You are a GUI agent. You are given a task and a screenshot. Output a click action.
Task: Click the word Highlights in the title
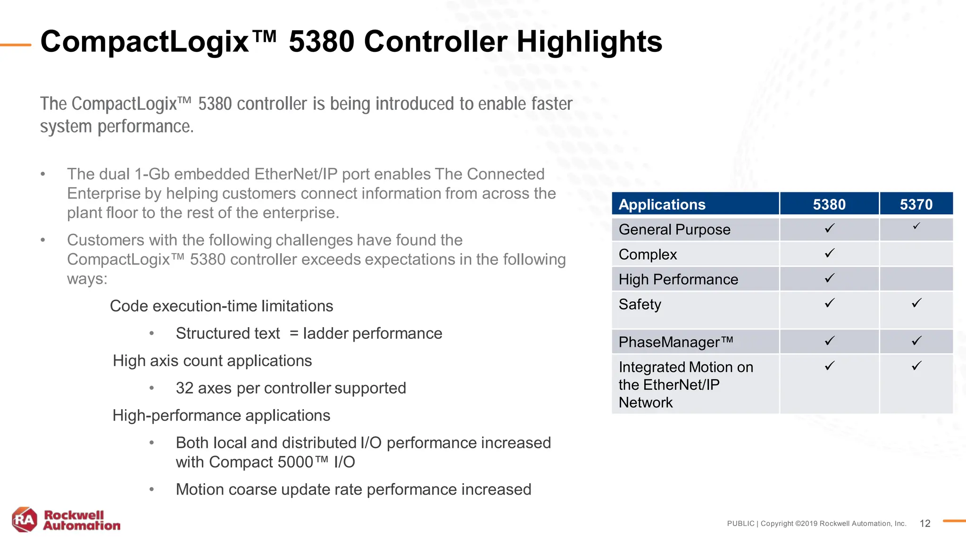pyautogui.click(x=589, y=41)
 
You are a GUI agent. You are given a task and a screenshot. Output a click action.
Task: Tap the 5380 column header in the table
pyautogui.click(x=829, y=205)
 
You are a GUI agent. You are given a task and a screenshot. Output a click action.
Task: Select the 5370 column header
pyautogui.click(x=916, y=205)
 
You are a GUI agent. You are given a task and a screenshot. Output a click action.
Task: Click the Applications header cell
pyautogui.click(x=662, y=205)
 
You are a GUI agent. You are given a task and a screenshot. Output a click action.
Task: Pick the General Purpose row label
pyautogui.click(x=674, y=230)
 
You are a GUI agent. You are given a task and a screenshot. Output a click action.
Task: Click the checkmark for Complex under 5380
pyautogui.click(x=829, y=253)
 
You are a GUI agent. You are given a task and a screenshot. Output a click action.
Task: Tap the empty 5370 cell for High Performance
pyautogui.click(x=916, y=279)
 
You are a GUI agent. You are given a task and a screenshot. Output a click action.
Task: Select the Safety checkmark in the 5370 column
pyautogui.click(x=916, y=303)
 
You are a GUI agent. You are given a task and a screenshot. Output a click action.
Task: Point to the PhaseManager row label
pyautogui.click(x=675, y=342)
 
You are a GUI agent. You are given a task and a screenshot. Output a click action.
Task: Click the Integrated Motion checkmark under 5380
pyautogui.click(x=829, y=366)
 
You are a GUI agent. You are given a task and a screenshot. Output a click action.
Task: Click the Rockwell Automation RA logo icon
pyautogui.click(x=25, y=519)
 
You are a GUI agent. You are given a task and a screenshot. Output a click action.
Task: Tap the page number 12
pyautogui.click(x=924, y=524)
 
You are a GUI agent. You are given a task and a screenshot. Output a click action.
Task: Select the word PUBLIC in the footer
pyautogui.click(x=741, y=524)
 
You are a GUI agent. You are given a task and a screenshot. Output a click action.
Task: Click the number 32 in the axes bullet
pyautogui.click(x=184, y=388)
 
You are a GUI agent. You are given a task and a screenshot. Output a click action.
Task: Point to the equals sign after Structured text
pyautogui.click(x=294, y=334)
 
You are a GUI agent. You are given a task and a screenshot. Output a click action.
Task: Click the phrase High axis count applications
pyautogui.click(x=212, y=361)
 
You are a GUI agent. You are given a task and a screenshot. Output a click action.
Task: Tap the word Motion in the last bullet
pyautogui.click(x=200, y=489)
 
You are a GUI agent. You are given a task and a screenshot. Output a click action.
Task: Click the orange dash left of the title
pyautogui.click(x=16, y=45)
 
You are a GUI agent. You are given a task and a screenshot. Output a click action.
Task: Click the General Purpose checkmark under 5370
pyautogui.click(x=916, y=227)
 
